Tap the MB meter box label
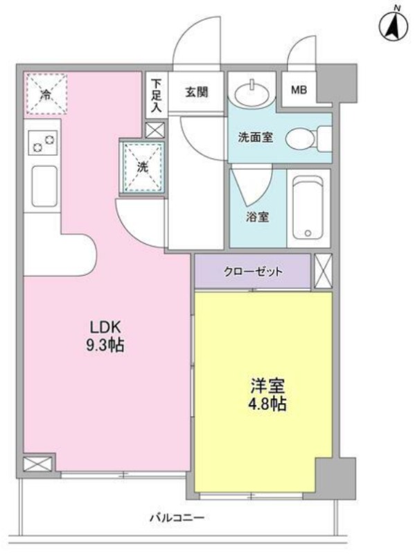click(x=299, y=90)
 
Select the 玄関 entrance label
click(x=197, y=92)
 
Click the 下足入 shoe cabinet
click(x=156, y=94)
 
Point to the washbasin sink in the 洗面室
click(x=252, y=93)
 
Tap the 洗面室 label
click(x=255, y=137)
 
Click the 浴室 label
click(x=257, y=217)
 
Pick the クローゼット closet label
click(x=253, y=271)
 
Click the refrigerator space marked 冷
click(x=46, y=94)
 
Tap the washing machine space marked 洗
click(x=143, y=167)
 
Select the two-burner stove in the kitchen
click(x=43, y=143)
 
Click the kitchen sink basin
click(x=44, y=186)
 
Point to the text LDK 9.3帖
click(x=105, y=337)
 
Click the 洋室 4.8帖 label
click(x=267, y=395)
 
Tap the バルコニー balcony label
click(x=177, y=518)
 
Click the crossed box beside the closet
click(x=323, y=271)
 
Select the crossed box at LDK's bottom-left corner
click(x=38, y=464)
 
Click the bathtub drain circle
click(x=308, y=233)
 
